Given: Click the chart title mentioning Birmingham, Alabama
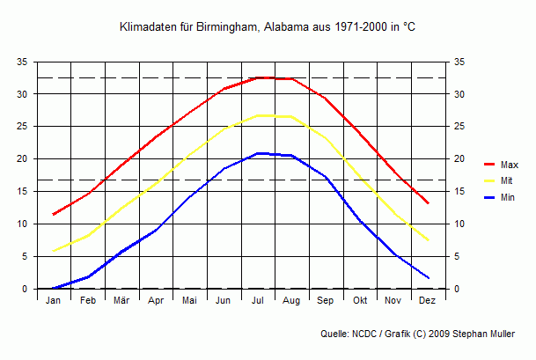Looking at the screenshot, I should (x=268, y=28).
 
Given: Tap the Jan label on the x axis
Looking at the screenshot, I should (x=54, y=301).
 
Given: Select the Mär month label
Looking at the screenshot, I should (x=121, y=301).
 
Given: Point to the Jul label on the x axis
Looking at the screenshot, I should (x=258, y=301).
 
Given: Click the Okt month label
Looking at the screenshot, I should (x=359, y=301).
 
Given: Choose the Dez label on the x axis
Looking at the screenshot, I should (x=428, y=301).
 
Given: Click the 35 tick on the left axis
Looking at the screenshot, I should (x=21, y=62).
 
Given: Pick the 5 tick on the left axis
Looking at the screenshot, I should (x=24, y=256).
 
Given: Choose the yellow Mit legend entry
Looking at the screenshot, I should (x=499, y=180).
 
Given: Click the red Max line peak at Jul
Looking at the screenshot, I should (x=258, y=77).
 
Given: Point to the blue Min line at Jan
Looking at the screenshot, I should (x=54, y=288).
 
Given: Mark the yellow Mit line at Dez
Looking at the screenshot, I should (x=428, y=239).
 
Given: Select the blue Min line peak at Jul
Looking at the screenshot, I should (x=258, y=153).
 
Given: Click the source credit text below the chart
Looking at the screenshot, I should (x=426, y=334).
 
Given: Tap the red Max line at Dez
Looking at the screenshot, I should (x=428, y=203).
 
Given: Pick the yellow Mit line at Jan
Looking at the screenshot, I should (x=54, y=251).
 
